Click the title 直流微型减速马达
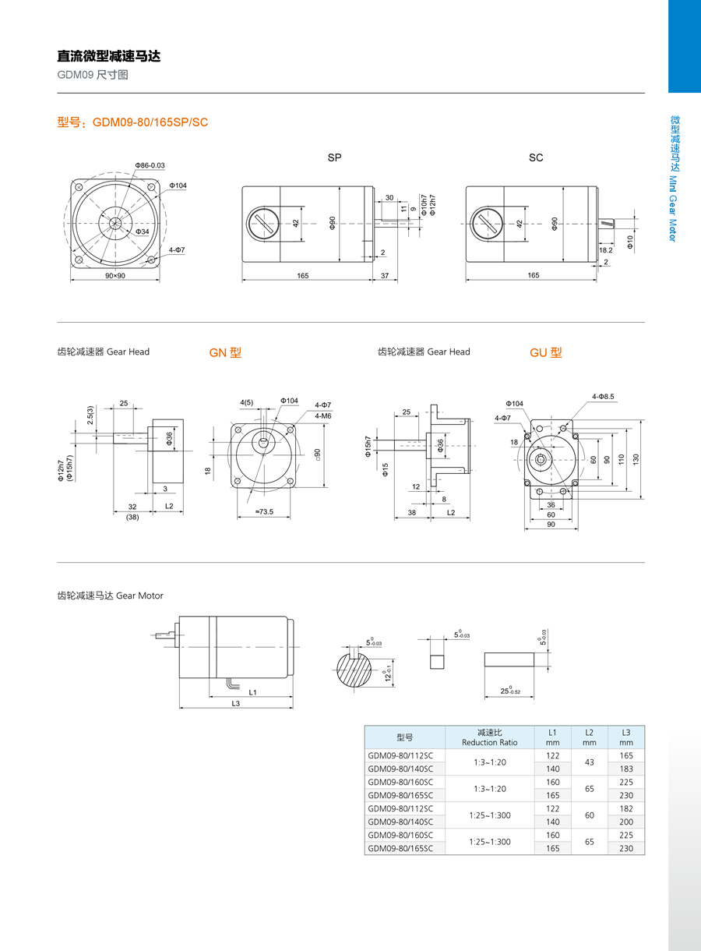109,56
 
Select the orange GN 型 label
225,352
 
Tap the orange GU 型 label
545,352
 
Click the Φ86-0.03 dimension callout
150,165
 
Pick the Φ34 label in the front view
142,232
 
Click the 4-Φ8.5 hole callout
603,397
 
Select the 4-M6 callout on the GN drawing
323,416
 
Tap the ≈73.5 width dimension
263,512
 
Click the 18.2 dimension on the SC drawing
606,250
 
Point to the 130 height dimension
636,459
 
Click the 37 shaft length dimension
385,276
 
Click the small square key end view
436,662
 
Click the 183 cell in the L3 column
626,769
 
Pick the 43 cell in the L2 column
590,762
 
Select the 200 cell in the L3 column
626,822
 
